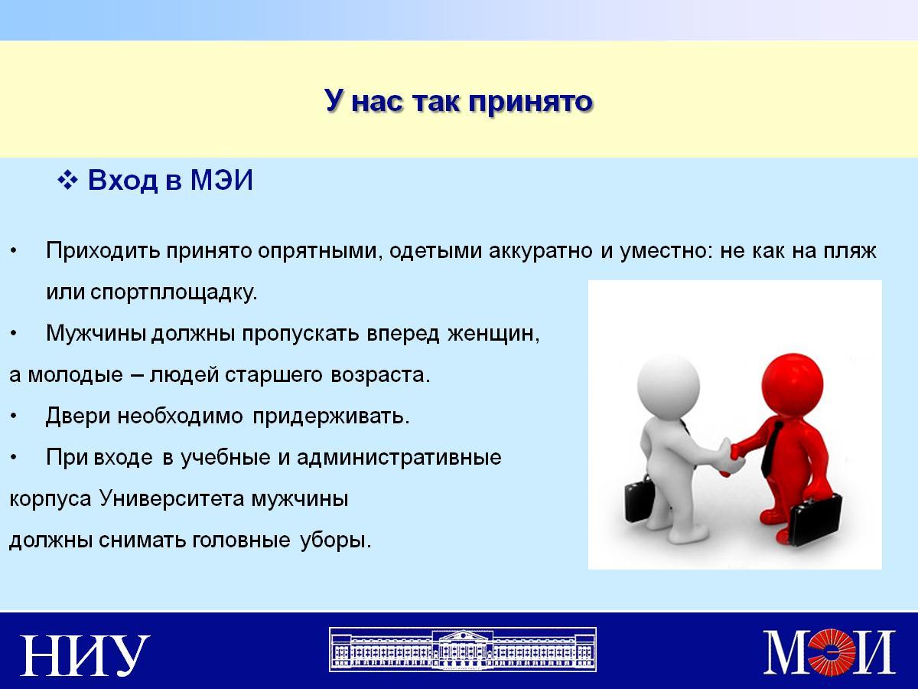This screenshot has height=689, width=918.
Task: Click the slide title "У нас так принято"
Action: pyautogui.click(x=458, y=101)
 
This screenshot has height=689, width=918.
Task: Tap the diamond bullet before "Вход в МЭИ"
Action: pyautogui.click(x=68, y=181)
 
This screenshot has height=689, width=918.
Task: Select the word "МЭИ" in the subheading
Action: pyautogui.click(x=222, y=181)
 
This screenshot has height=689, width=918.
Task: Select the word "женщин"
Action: pyautogui.click(x=493, y=335)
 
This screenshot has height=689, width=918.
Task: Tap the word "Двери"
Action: pyautogui.click(x=78, y=416)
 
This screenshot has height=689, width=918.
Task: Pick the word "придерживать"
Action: pyautogui.click(x=330, y=416)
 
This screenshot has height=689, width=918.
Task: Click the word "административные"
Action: pyautogui.click(x=399, y=458)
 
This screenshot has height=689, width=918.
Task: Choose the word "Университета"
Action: pyautogui.click(x=171, y=498)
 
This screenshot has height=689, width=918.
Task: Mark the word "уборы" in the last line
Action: pyautogui.click(x=335, y=540)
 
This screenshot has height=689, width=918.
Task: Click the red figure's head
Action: pyautogui.click(x=793, y=384)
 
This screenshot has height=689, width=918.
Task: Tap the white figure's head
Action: pyautogui.click(x=669, y=385)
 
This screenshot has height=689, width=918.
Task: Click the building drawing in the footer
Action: pyautogui.click(x=463, y=650)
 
